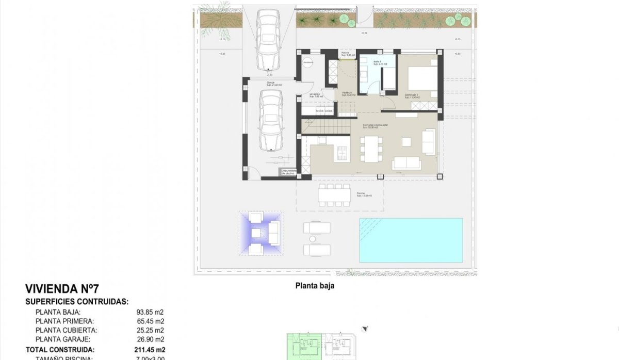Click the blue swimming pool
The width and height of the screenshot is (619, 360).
pyautogui.click(x=411, y=240)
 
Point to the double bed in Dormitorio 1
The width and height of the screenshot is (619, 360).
pyautogui.click(x=422, y=78)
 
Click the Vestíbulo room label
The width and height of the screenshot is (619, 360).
pyautogui.click(x=347, y=94)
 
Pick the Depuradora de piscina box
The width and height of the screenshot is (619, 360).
pyautogui.click(x=289, y=172)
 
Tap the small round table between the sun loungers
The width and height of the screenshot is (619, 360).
pyautogui.click(x=313, y=239)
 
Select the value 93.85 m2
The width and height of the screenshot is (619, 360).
pyautogui.click(x=151, y=312)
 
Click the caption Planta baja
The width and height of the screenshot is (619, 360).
pyautogui.click(x=315, y=286)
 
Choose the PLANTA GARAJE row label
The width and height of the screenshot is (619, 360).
pyautogui.click(x=63, y=339)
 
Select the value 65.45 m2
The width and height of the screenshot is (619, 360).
pyautogui.click(x=151, y=321)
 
